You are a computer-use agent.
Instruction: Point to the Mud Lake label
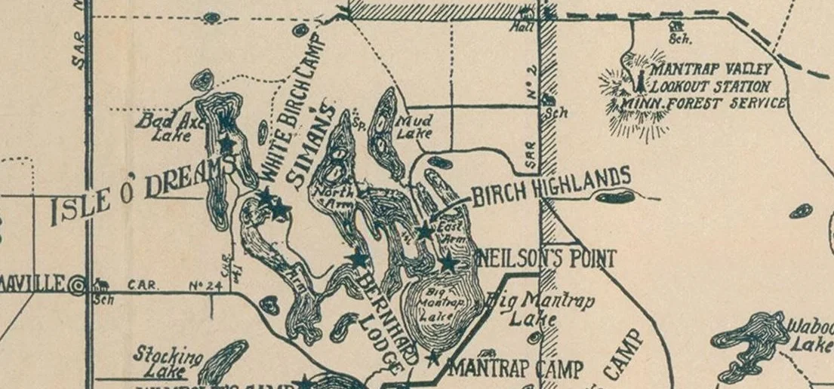(x=414, y=127)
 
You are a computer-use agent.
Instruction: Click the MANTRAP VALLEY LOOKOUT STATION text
(x=709, y=80)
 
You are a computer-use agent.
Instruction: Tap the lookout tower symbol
(x=639, y=79)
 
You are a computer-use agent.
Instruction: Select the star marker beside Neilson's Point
(x=448, y=263)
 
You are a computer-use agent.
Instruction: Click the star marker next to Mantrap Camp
(x=433, y=358)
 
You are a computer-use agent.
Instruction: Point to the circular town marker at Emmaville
(x=77, y=285)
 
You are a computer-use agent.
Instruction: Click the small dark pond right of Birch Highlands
(x=614, y=198)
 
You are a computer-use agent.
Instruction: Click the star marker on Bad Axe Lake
(x=226, y=143)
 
